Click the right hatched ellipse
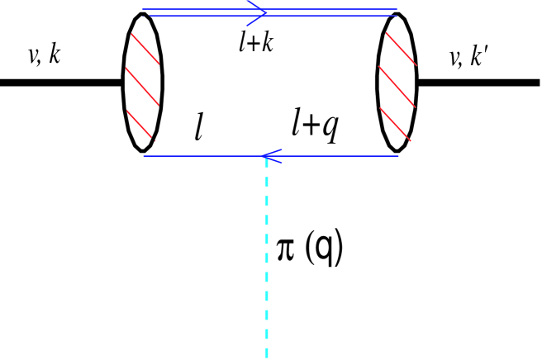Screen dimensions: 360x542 coord(400,83)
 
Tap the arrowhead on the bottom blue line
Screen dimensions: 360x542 coord(266,154)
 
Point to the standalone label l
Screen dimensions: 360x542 coord(198,128)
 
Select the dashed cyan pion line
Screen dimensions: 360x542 coord(266,264)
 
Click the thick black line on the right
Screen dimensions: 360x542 coord(479,83)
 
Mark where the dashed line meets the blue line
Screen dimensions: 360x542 coord(266,155)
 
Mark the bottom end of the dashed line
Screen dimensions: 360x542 coord(266,356)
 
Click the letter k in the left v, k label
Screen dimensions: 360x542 coord(52,56)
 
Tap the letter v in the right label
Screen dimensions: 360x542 coord(452,58)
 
